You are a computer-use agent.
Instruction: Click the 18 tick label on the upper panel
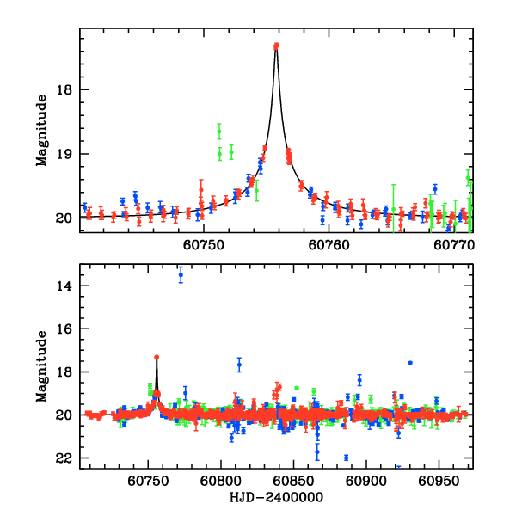pyautogui.click(x=65, y=89)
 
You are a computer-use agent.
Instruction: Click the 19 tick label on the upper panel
pyautogui.click(x=65, y=154)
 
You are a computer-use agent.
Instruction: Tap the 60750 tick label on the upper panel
pyautogui.click(x=204, y=245)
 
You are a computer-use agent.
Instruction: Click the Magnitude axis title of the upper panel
pyautogui.click(x=40, y=129)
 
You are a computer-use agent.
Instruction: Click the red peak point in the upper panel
pyautogui.click(x=276, y=46)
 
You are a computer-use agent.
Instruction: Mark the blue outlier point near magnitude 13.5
pyautogui.click(x=181, y=274)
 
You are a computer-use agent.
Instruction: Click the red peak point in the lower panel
pyautogui.click(x=157, y=357)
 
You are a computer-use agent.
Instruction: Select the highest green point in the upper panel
pyautogui.click(x=219, y=130)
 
